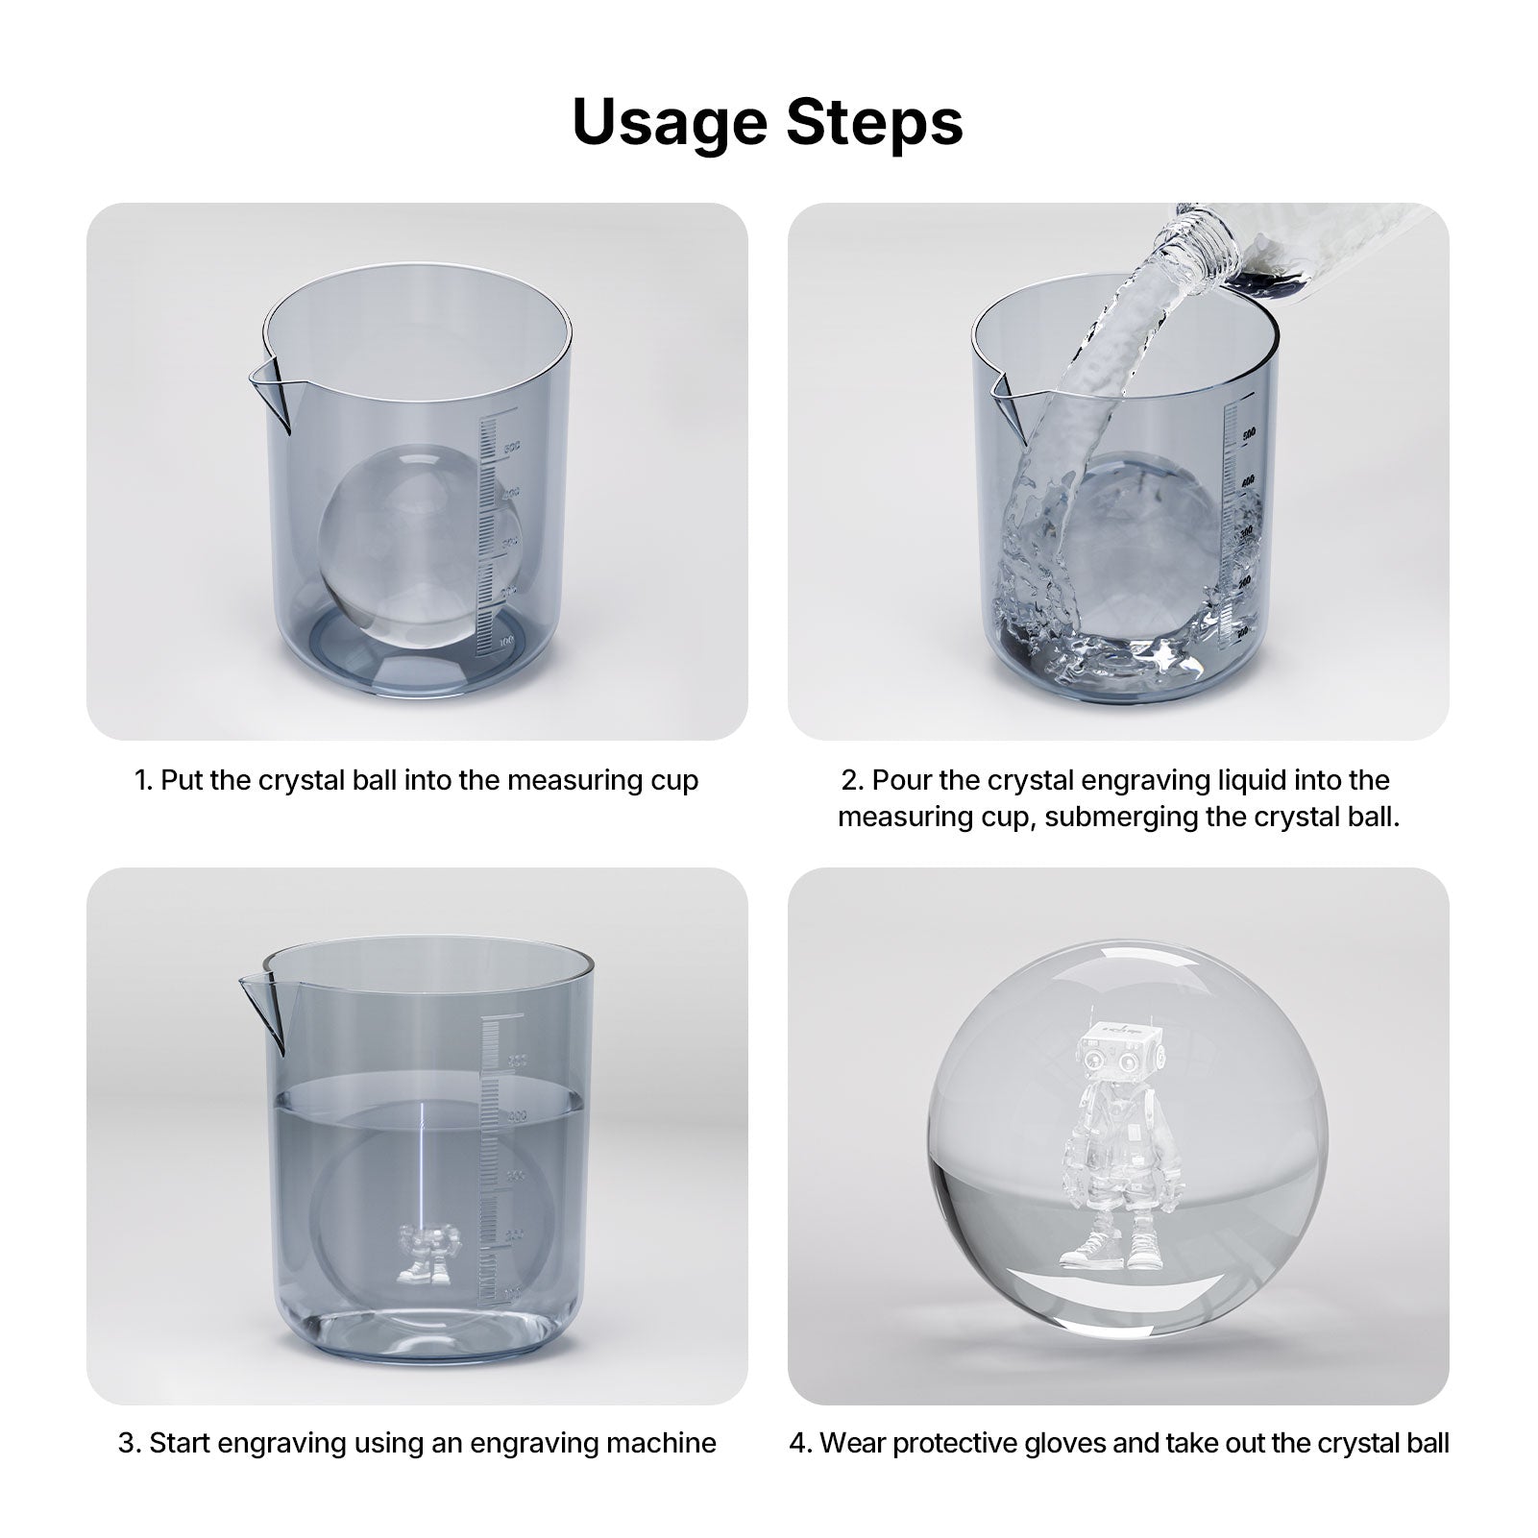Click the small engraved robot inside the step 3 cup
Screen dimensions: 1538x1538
[x=424, y=1255]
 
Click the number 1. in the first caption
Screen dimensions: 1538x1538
[x=143, y=780]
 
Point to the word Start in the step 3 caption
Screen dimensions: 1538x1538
[x=182, y=1443]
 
